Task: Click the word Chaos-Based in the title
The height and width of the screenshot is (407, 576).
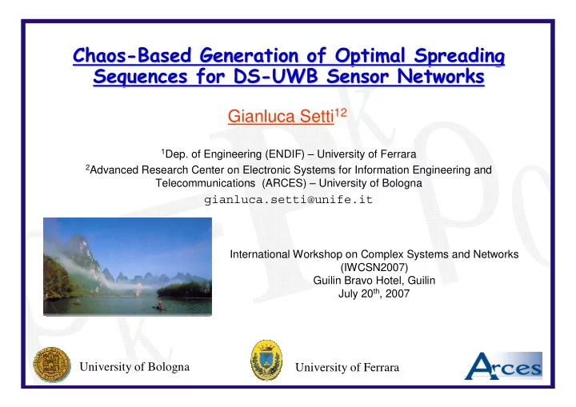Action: coord(132,55)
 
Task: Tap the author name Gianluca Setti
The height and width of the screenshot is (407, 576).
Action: coord(281,116)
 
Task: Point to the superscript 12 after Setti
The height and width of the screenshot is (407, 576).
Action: coord(341,112)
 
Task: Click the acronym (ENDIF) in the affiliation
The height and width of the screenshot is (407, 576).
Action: coord(285,154)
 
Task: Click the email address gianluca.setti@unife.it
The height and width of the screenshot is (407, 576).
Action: coord(288,199)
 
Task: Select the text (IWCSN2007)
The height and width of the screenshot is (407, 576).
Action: coord(374,267)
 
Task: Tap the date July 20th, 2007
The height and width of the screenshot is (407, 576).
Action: coord(374,293)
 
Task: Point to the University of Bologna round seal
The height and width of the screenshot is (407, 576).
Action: coord(52,365)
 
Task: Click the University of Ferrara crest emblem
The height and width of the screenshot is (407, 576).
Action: coord(266,360)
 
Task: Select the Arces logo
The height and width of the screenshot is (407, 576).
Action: coord(504,365)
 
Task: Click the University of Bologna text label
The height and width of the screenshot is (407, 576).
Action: coord(134,366)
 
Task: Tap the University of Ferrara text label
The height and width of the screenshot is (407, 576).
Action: coord(347,367)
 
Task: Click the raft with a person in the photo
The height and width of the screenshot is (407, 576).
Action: coord(160,306)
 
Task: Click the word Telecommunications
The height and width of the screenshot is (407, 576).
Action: coord(206,183)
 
